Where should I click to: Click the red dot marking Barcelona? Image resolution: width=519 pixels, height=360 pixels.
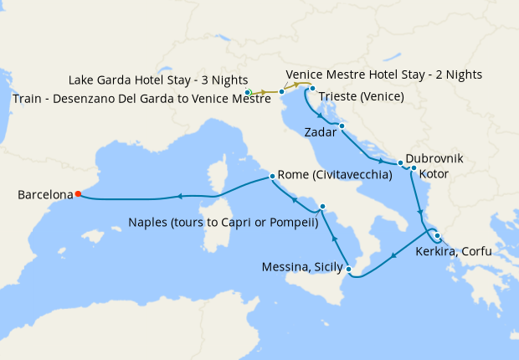click(x=77, y=194)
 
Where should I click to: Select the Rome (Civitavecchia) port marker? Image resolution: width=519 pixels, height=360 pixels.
click(x=272, y=177)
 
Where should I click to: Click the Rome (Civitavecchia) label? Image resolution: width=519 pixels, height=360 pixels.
click(x=336, y=175)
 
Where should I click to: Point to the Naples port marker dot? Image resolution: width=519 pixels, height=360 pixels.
click(x=322, y=206)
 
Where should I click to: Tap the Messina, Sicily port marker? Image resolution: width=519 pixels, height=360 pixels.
click(x=350, y=269)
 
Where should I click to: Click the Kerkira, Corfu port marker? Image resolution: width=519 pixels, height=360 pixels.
click(x=437, y=235)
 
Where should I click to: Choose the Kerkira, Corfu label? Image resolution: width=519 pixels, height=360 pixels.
click(x=453, y=250)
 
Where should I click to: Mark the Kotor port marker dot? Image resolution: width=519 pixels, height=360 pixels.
click(x=414, y=168)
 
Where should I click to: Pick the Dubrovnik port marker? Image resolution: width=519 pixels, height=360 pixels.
click(x=401, y=162)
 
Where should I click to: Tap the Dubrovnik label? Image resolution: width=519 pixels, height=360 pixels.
click(x=434, y=158)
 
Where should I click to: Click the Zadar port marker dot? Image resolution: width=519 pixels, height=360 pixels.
click(x=342, y=126)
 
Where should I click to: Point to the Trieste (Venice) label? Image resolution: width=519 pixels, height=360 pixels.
click(x=361, y=96)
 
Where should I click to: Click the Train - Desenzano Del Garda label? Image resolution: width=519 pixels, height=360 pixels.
click(x=141, y=100)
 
